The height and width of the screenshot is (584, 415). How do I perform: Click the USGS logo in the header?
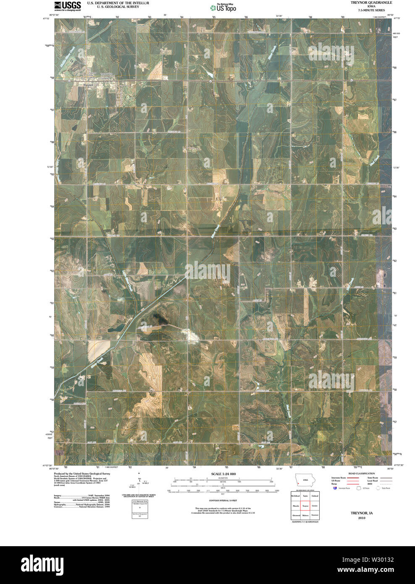67,5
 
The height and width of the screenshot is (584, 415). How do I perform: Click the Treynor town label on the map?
89,85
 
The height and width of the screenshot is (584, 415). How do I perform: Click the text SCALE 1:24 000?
223,474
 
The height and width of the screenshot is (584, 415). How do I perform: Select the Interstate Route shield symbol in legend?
335,488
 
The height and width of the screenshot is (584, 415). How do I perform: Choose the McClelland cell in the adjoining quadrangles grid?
296,496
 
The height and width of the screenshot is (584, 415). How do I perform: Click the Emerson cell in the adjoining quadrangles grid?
315,515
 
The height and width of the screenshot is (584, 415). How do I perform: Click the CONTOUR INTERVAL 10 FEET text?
223,501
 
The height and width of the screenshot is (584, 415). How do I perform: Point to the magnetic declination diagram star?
139,473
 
